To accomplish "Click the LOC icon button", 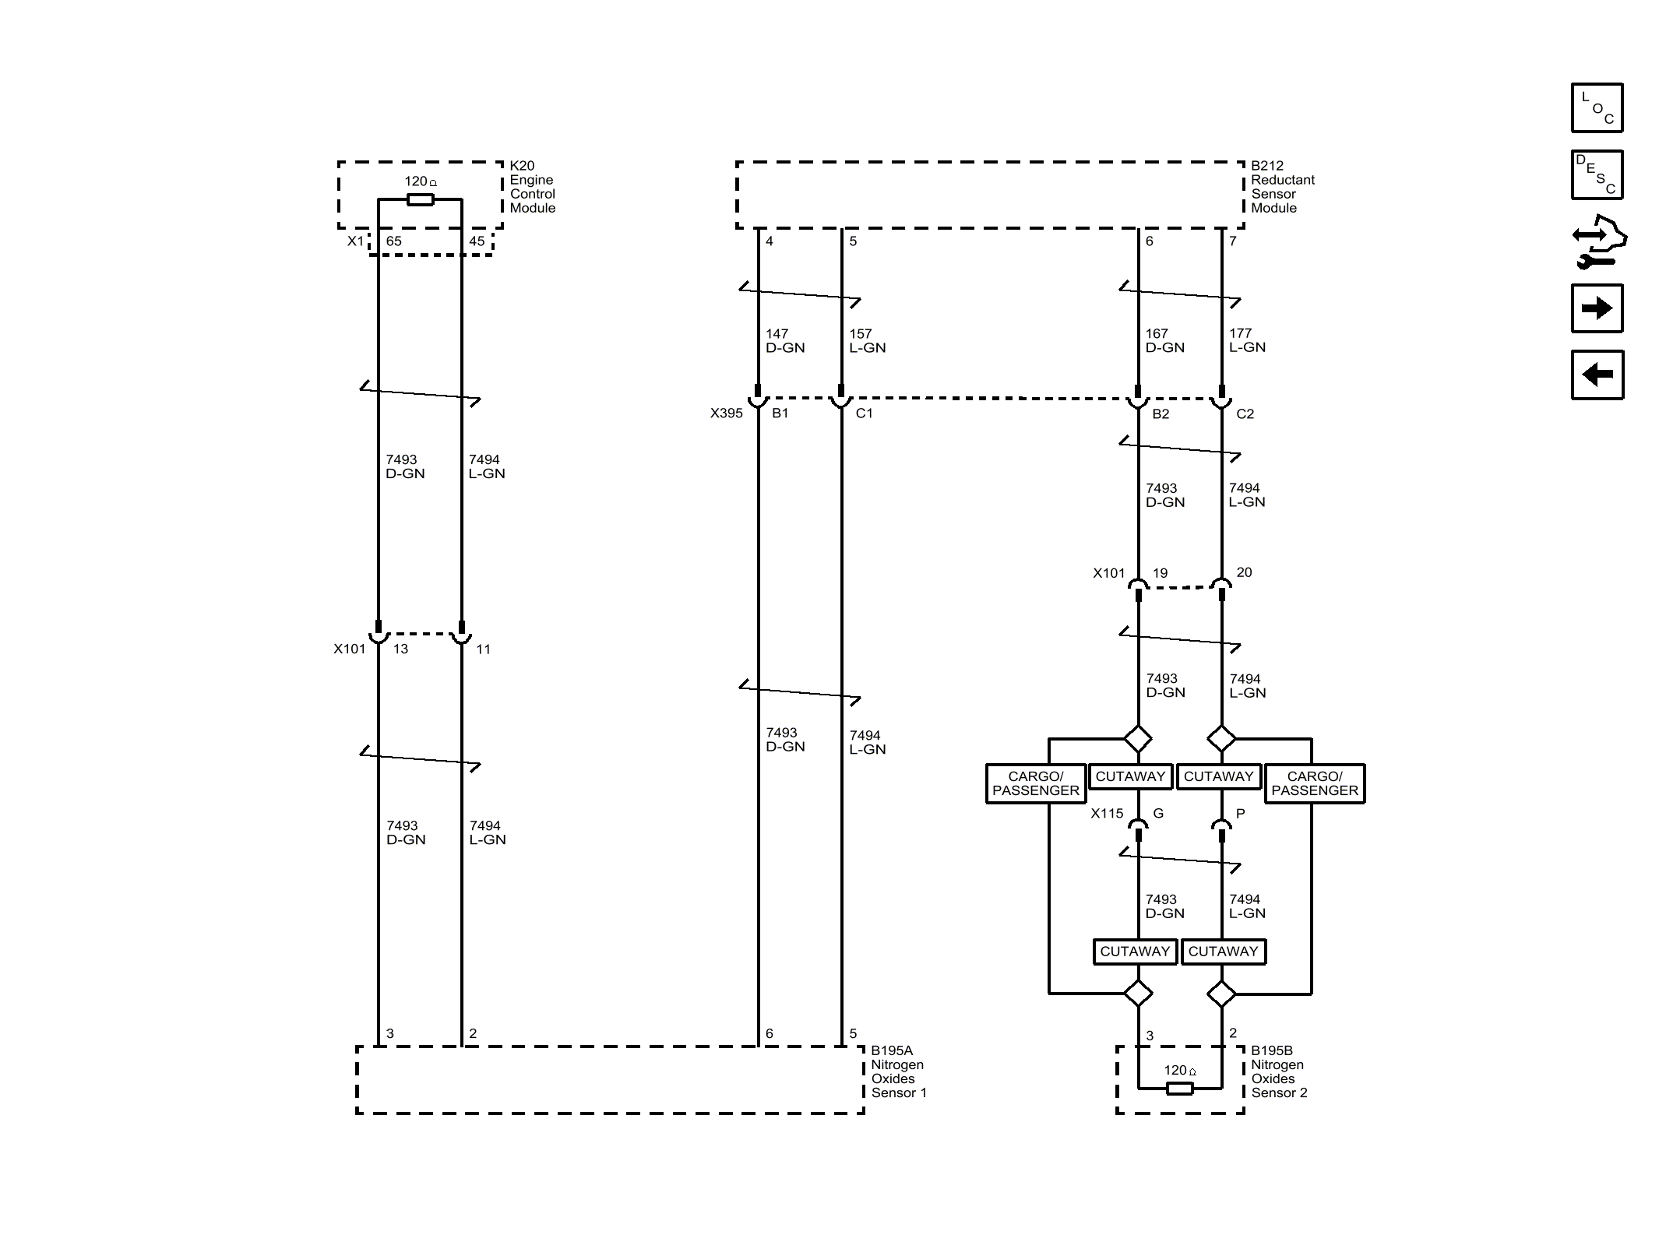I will (1597, 107).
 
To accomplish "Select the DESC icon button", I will (1597, 174).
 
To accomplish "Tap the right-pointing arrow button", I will (1597, 308).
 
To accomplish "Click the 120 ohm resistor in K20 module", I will (421, 199).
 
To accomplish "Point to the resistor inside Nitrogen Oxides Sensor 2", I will (1180, 1088).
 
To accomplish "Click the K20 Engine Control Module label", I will (532, 187).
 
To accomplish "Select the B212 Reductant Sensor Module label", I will (1282, 187).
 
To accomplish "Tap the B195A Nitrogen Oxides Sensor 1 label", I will (898, 1071).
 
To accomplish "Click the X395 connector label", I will (726, 413).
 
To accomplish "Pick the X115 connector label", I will (1107, 814).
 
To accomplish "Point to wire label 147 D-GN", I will (784, 341).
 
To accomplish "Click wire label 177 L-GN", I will (1247, 341).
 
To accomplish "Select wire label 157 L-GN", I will (867, 341).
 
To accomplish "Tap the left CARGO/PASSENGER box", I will (1035, 783).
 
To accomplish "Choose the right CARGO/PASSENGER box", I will (1314, 783).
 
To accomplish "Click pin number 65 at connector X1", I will (394, 241).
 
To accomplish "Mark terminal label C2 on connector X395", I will (1245, 414).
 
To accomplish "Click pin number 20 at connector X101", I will (1244, 572).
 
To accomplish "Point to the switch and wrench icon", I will (1598, 241).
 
